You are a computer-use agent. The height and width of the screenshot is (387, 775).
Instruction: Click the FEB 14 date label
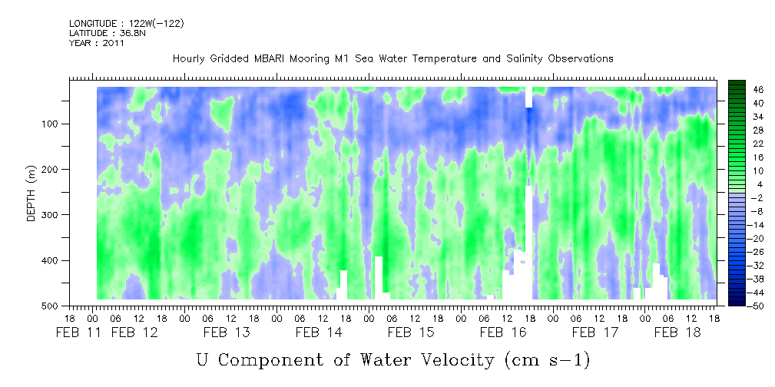[319, 332]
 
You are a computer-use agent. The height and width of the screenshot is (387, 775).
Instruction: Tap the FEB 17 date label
[595, 332]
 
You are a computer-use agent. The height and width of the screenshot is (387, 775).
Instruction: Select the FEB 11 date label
[79, 332]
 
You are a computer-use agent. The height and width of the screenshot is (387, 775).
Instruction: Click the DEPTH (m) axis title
[31, 193]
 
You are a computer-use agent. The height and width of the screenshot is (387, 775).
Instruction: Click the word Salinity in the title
[518, 59]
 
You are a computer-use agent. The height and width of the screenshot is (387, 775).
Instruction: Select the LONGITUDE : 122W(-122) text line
[127, 23]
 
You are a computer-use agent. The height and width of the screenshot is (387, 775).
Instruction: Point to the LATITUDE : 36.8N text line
[108, 33]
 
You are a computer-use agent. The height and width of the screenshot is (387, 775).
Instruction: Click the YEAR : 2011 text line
[96, 43]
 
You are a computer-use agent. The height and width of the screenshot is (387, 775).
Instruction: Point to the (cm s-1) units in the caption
[548, 361]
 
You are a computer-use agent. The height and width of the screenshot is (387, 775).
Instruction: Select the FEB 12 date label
[134, 332]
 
